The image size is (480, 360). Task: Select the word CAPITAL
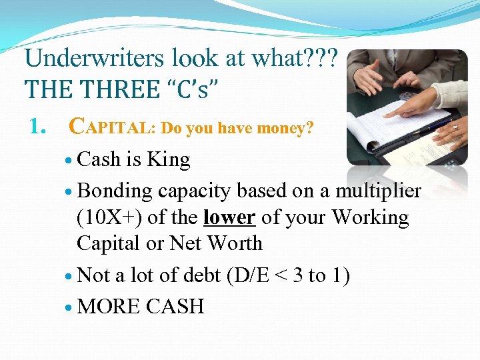coord(112,127)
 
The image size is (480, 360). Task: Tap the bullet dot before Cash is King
coord(70,161)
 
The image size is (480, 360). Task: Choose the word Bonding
coord(115,191)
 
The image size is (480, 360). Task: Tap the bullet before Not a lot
coord(70,276)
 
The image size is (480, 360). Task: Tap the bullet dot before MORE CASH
coord(70,307)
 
